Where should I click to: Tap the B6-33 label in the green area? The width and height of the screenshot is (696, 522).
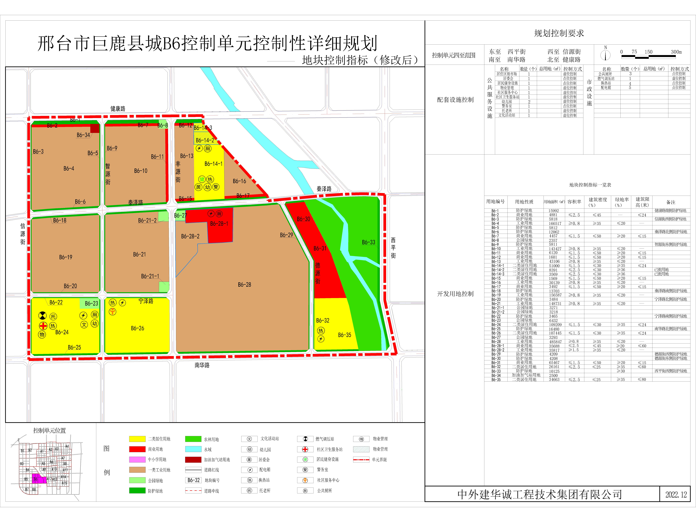[x=368, y=242]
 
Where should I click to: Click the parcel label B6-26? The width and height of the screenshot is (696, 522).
[x=137, y=328]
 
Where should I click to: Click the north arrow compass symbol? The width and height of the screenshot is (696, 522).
[x=605, y=55]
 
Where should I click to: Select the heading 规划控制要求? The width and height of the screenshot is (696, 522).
[x=559, y=33]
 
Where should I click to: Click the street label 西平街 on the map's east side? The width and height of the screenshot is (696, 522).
[x=393, y=248]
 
